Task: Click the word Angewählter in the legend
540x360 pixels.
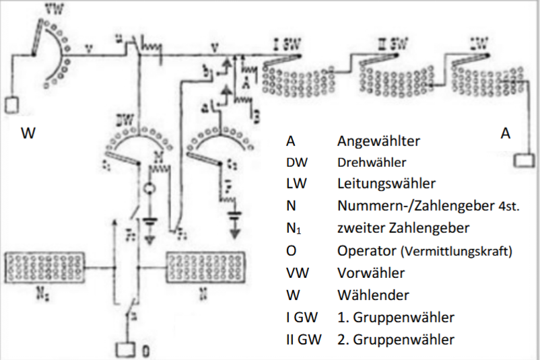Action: tap(378, 142)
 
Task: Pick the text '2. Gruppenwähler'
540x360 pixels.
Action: tap(395, 339)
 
